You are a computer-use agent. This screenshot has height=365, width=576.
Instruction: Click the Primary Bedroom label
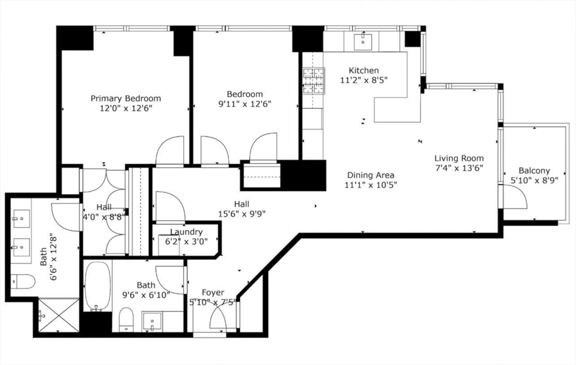click(126, 98)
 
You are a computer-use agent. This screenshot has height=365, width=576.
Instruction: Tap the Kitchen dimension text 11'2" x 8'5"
click(364, 80)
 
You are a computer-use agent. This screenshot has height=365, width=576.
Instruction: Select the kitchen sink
click(363, 42)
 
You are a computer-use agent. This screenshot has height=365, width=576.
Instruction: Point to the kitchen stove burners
click(314, 80)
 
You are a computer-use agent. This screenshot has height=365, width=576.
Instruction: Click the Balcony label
click(534, 171)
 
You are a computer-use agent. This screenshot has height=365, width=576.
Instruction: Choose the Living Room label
click(459, 158)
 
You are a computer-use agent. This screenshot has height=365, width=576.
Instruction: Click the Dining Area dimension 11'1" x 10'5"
click(371, 185)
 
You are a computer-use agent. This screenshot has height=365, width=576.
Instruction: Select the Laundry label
click(186, 232)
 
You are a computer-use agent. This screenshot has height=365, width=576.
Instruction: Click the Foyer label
click(213, 293)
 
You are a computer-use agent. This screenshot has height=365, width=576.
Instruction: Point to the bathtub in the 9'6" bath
click(98, 286)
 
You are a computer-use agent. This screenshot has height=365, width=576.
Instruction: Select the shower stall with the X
click(59, 315)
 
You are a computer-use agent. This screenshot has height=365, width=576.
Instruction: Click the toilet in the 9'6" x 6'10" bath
click(126, 319)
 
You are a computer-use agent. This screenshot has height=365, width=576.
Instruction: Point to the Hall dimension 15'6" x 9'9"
click(242, 214)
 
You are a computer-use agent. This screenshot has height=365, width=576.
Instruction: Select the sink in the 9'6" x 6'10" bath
click(152, 321)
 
